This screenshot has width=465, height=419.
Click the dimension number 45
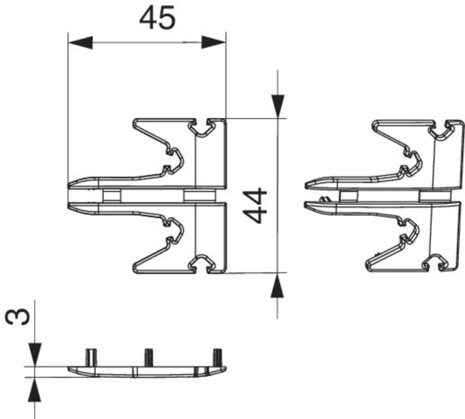[x=157, y=18]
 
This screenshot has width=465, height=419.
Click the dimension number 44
[x=254, y=205]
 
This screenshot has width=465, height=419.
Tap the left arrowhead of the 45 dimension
[x=81, y=43]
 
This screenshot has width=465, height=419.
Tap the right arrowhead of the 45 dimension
[x=214, y=43]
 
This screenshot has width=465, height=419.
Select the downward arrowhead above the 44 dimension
[x=278, y=106]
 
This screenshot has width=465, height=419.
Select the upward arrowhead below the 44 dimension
[x=278, y=285]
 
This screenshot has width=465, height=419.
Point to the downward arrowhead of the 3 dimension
[x=35, y=355]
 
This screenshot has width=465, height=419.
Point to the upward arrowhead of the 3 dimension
[x=35, y=390]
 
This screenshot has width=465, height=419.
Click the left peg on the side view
[x=91, y=358]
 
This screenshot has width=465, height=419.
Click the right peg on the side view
[x=218, y=358]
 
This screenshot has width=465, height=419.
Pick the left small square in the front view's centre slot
[x=112, y=196]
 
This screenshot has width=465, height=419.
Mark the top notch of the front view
[x=202, y=127]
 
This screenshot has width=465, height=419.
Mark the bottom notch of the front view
[x=202, y=263]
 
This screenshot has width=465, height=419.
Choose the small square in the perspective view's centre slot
[x=349, y=196]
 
